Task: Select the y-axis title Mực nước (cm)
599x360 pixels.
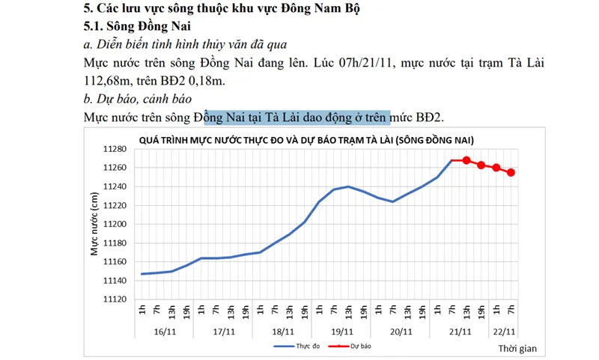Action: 95,225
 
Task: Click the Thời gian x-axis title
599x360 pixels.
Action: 516,349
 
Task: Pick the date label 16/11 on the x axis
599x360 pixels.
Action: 165,331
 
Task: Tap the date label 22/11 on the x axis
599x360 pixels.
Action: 504,331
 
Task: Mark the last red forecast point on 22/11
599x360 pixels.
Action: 511,172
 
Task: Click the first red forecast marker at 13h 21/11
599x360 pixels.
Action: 466,160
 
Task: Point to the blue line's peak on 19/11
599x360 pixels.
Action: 348,186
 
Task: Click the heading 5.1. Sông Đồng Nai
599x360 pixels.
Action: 137,28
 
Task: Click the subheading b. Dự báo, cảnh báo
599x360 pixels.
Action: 139,99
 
